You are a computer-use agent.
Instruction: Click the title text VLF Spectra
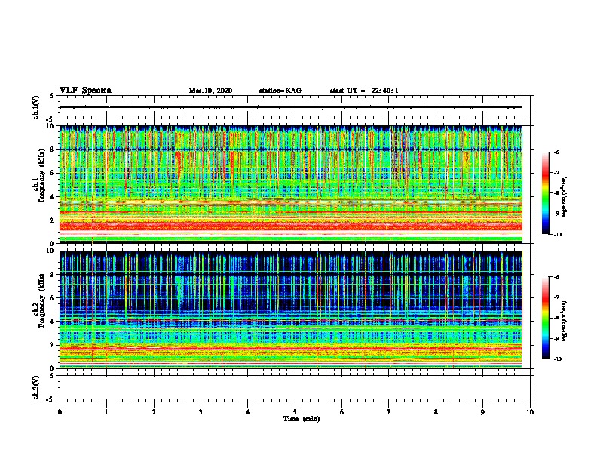tap(85, 91)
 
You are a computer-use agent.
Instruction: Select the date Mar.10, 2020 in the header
tap(210, 91)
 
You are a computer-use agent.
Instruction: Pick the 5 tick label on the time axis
tap(295, 412)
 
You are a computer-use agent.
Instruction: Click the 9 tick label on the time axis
tap(483, 412)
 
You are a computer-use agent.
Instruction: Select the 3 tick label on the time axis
tap(201, 412)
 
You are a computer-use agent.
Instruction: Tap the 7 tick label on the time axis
tap(389, 412)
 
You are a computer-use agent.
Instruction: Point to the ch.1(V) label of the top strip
tap(36, 108)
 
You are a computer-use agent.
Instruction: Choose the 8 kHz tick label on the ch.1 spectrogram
tap(52, 149)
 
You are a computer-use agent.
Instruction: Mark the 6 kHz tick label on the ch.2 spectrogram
tap(52, 297)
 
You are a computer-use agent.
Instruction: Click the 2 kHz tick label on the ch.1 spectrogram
tap(52, 220)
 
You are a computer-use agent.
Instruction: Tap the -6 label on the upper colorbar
tap(557, 152)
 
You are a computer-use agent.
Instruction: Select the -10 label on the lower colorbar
tap(557, 359)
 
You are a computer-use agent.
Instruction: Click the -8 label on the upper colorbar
tap(557, 194)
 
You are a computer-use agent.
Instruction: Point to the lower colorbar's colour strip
tap(546, 318)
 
